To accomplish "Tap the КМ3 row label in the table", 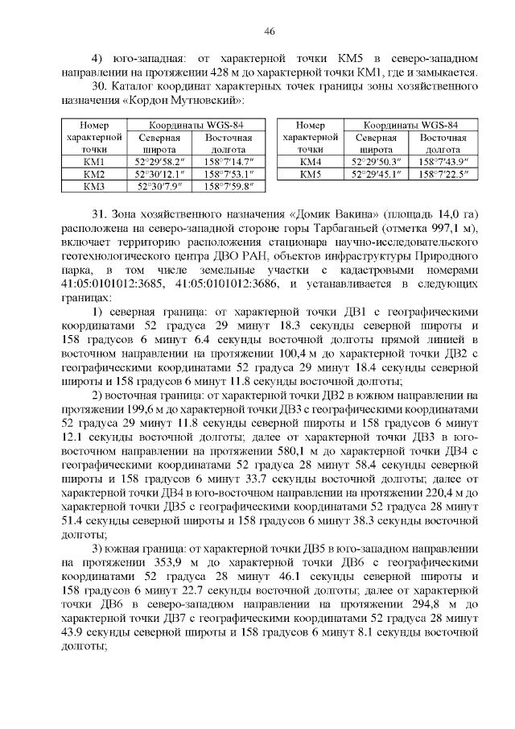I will click(x=95, y=187).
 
